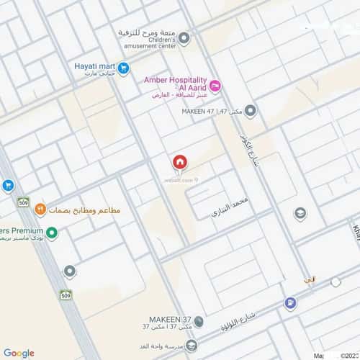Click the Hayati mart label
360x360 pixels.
[95, 67]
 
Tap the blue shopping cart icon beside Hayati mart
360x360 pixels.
[124, 68]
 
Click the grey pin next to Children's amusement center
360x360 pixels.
[184, 37]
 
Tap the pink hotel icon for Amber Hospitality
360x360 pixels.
[215, 86]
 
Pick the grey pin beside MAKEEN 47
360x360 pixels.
[250, 111]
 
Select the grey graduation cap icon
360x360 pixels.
[300, 214]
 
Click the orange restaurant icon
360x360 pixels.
[40, 209]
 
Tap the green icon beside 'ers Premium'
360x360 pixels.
[52, 234]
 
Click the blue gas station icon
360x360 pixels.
[290, 303]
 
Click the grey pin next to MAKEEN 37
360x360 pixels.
[199, 322]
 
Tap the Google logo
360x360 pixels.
[19, 353]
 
